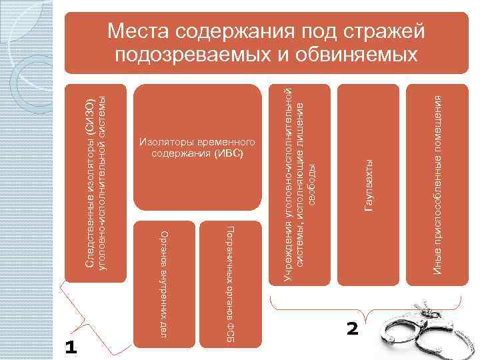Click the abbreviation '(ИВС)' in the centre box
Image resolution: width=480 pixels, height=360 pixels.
pyautogui.click(x=229, y=154)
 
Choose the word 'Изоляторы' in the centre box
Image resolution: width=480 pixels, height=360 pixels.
pyautogui.click(x=163, y=143)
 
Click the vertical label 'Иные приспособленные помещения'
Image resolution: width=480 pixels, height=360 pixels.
pyautogui.click(x=437, y=184)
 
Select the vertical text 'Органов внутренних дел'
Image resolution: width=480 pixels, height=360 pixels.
pyautogui.click(x=165, y=283)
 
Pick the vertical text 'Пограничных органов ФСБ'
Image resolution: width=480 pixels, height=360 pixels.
pyautogui.click(x=230, y=283)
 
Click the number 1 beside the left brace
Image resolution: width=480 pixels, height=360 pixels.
pyautogui.click(x=71, y=347)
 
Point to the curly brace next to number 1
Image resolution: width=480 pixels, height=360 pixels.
pyautogui.click(x=87, y=313)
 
